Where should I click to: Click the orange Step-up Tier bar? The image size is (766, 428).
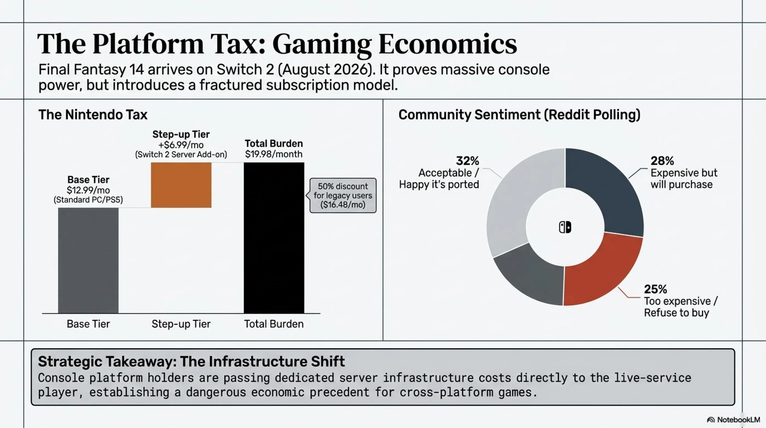pos(181,185)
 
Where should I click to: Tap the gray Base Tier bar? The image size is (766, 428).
pos(88,260)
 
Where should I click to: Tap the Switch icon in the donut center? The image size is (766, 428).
pos(565,227)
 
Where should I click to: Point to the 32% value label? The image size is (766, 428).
pos(467,161)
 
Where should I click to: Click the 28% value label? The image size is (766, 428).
pos(662,161)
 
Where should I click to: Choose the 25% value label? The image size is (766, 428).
pos(655,289)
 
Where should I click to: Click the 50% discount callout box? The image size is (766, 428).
pos(343,196)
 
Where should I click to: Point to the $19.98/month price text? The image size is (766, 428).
pos(274,154)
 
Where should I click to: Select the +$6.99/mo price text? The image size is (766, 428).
pos(181,145)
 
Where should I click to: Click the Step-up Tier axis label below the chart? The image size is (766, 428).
pos(181,324)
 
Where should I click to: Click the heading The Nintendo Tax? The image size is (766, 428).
pos(93,115)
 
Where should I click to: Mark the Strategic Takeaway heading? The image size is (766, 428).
pos(191,361)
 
